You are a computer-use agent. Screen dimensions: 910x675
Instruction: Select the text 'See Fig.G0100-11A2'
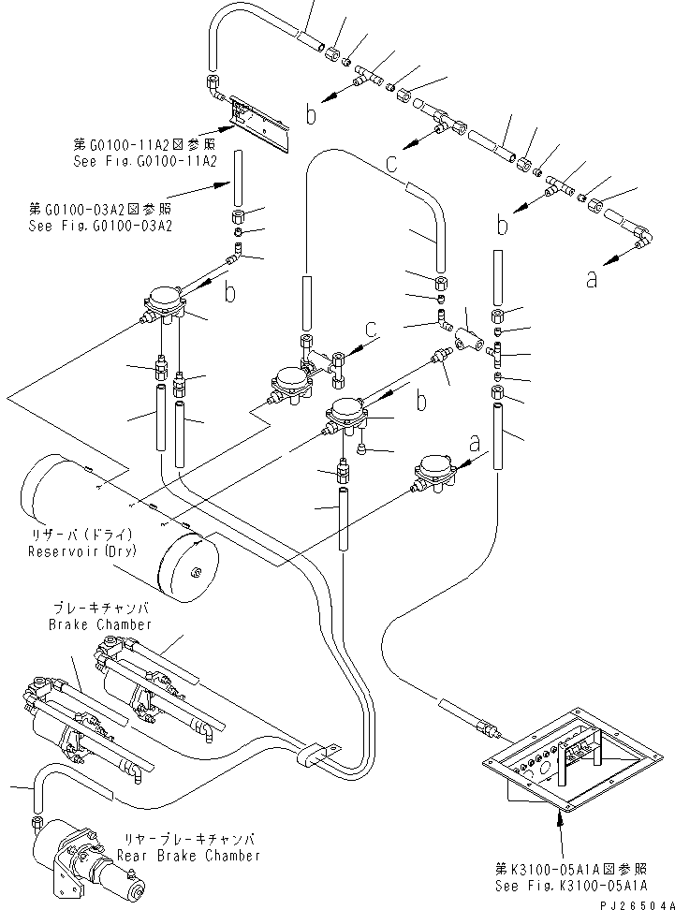(145, 161)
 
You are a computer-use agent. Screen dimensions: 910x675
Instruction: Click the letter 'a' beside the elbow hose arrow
(592, 279)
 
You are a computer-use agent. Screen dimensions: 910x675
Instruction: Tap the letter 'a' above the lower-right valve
(475, 440)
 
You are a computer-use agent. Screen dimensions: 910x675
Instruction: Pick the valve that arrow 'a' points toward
(436, 471)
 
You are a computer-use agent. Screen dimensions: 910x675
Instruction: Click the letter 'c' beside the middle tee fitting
(372, 329)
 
